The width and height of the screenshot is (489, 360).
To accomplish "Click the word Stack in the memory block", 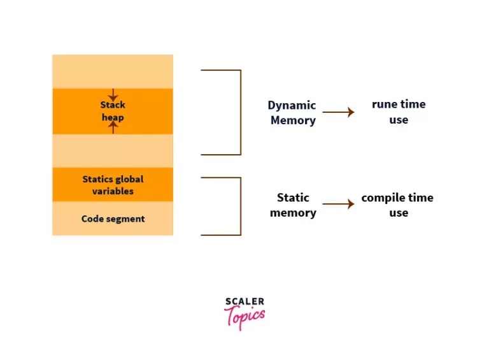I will click(x=113, y=105).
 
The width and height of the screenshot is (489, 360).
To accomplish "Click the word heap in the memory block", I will click(x=113, y=117).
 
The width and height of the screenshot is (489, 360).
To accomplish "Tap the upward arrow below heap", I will click(x=113, y=127).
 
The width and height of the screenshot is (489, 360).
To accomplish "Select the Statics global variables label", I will click(x=113, y=185).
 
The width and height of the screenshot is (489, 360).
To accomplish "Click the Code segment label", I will click(x=113, y=219).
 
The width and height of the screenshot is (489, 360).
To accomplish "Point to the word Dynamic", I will click(x=292, y=106).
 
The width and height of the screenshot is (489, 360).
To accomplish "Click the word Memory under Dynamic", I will click(x=293, y=120).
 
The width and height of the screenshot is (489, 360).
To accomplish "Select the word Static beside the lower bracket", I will click(x=293, y=198).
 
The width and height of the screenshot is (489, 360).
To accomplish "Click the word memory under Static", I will click(x=293, y=213).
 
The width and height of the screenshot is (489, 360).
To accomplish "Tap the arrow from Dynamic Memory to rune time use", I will click(x=338, y=112).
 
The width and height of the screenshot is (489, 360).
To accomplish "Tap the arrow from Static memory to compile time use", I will click(x=338, y=205).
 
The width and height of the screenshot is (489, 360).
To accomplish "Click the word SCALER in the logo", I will click(x=244, y=301).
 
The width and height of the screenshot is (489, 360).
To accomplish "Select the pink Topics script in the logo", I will click(x=244, y=317).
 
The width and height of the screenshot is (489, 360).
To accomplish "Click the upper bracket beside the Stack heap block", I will click(x=240, y=112).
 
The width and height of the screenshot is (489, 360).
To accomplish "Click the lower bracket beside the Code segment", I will click(x=240, y=206).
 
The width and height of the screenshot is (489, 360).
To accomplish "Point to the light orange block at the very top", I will click(x=113, y=71).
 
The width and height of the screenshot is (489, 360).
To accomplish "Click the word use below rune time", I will click(x=399, y=120).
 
